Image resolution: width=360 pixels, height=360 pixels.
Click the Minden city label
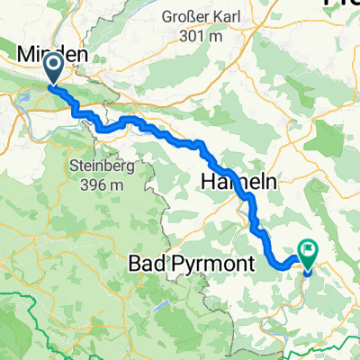click(x=52, y=55)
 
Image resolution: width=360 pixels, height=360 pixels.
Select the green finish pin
click(x=309, y=255)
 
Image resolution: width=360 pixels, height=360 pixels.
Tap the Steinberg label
click(x=98, y=166)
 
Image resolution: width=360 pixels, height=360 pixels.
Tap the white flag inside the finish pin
click(x=309, y=251)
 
